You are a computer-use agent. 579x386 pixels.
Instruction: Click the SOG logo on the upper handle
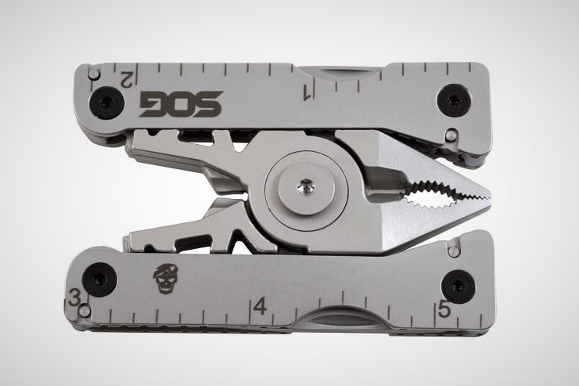coord(181,104)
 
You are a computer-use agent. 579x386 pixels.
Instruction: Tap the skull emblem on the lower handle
coord(163,279)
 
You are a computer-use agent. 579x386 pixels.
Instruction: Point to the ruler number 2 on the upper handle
coord(127,79)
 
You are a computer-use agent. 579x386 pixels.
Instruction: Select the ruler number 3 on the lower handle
coord(74,298)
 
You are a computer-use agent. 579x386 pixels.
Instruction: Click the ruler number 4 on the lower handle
coord(260,306)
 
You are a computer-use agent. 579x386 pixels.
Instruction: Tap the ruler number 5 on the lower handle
coord(444,309)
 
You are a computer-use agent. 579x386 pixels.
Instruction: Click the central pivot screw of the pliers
coord(307,189)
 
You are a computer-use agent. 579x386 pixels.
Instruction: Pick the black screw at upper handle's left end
coord(106,103)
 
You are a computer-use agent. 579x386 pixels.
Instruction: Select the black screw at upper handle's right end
coord(454,100)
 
